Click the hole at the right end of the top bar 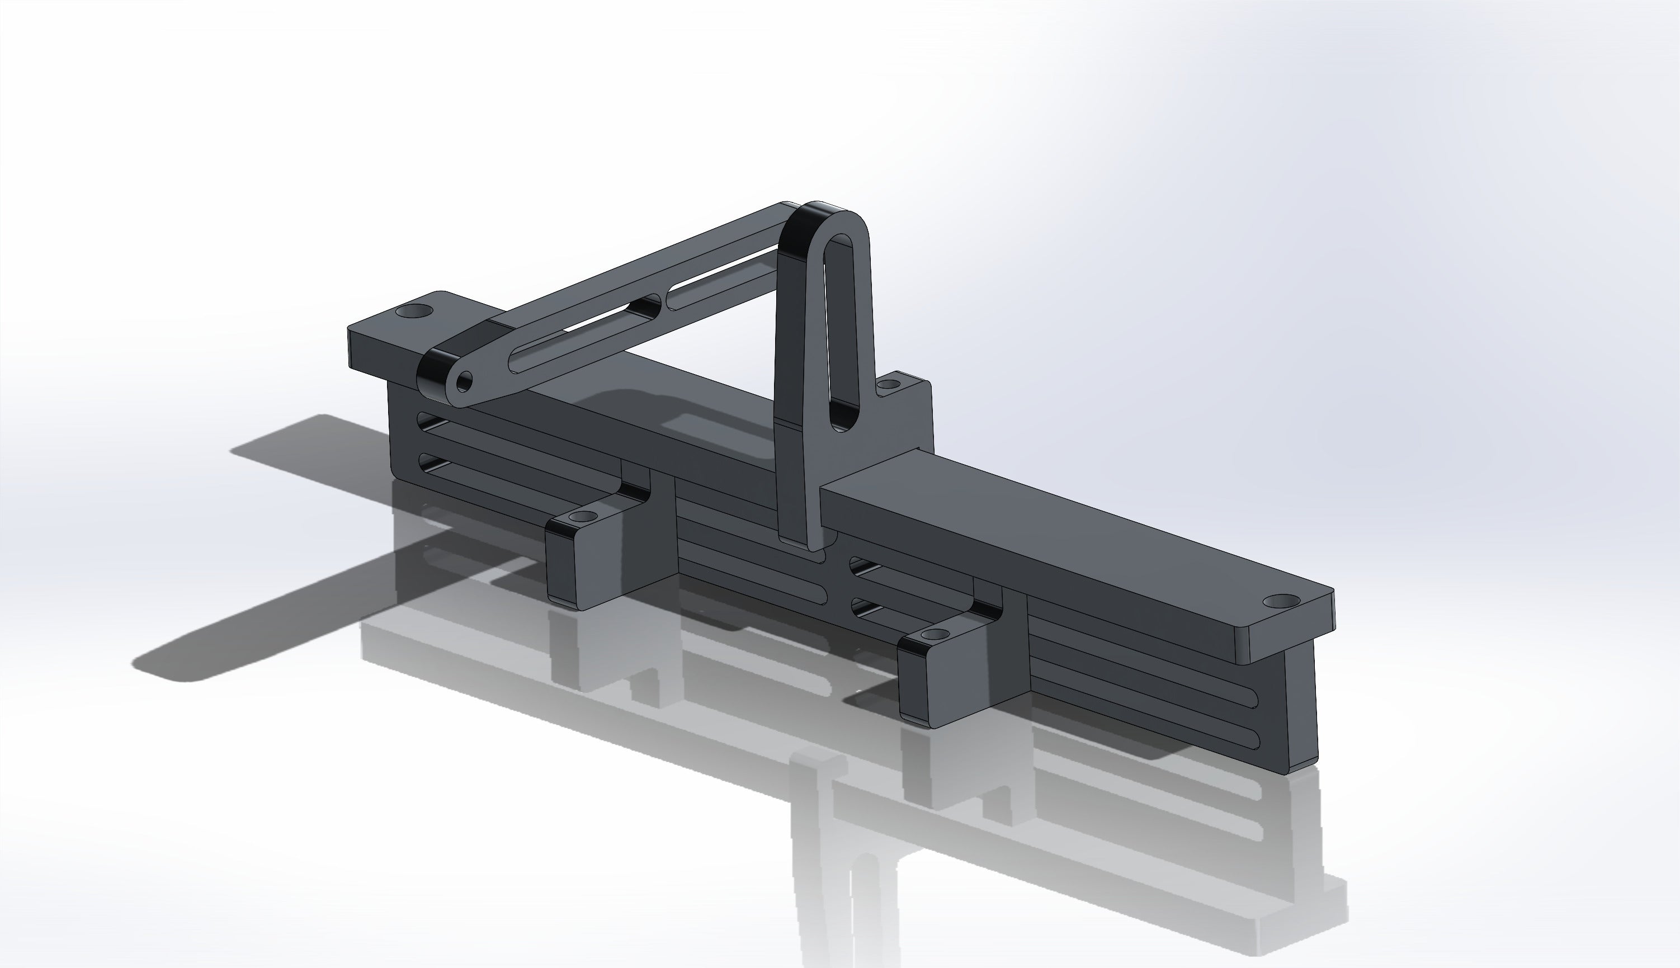[x=1281, y=601]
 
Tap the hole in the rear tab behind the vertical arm [x=888, y=384]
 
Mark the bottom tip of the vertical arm [x=801, y=542]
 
